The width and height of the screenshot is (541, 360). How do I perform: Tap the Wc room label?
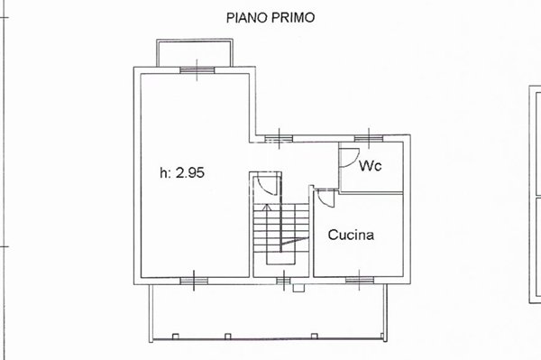tap(369, 167)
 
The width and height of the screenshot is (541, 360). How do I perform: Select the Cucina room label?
tap(351, 235)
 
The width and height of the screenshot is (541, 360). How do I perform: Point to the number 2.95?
tap(191, 173)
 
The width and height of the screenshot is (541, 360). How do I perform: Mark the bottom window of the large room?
tap(194, 280)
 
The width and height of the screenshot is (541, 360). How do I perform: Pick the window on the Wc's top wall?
tap(365, 138)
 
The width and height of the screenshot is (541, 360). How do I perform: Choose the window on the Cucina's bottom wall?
tap(358, 280)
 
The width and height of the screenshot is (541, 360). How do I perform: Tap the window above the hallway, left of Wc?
tap(280, 138)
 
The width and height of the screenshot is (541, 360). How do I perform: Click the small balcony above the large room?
tap(195, 52)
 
